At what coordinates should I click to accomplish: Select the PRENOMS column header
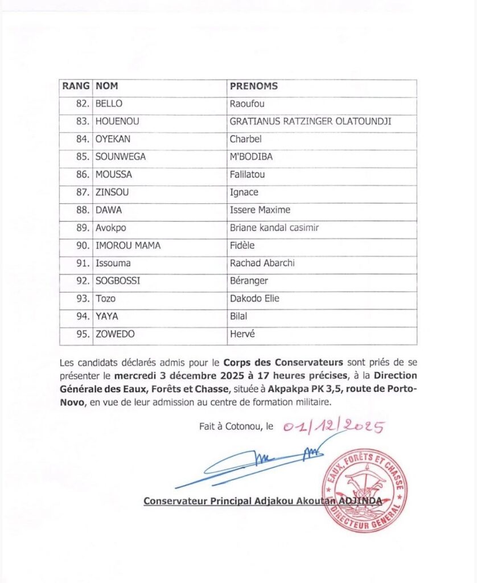[253, 87]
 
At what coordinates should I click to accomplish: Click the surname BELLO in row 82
[109, 104]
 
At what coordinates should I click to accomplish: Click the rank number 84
[83, 139]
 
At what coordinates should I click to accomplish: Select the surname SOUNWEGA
[121, 157]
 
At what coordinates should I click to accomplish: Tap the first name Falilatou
[247, 175]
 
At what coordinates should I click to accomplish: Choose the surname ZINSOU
[112, 192]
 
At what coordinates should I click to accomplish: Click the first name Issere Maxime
[260, 210]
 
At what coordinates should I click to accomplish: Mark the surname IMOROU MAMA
[128, 246]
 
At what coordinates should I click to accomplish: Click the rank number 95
[83, 335]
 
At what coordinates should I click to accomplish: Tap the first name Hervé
[242, 335]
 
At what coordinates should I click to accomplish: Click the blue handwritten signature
[256, 464]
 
